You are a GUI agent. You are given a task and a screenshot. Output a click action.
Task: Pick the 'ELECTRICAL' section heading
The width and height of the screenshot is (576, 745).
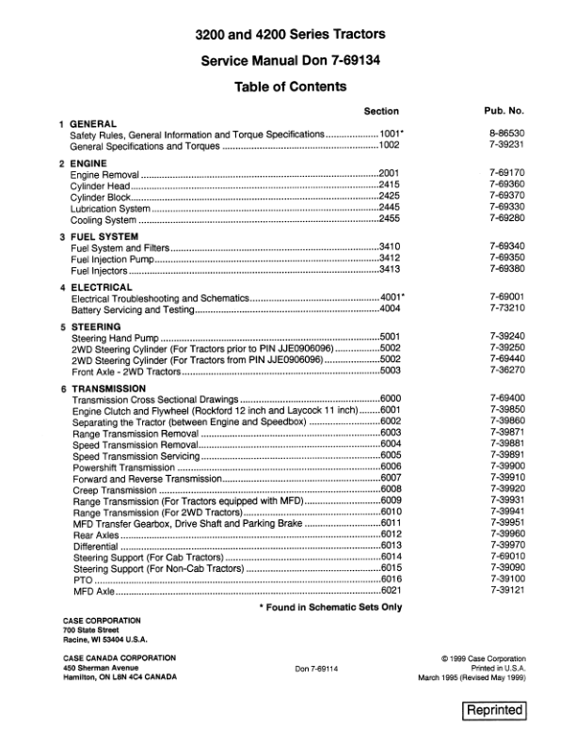coord(102,286)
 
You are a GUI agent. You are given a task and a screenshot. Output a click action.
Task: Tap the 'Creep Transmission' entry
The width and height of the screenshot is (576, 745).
coord(115,489)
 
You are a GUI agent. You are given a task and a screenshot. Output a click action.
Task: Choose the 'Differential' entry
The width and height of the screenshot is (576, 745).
coord(96,546)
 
